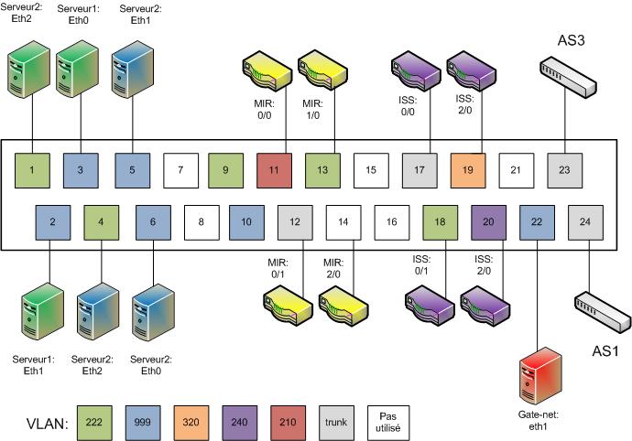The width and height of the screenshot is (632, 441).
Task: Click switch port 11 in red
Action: (x=274, y=170)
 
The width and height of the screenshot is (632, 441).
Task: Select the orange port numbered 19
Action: (x=468, y=170)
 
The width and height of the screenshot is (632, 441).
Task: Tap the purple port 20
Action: (x=488, y=222)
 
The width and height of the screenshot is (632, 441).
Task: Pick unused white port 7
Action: (x=181, y=170)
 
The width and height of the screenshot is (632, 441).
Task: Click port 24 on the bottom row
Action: (x=585, y=222)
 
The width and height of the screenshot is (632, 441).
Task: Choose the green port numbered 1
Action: (x=32, y=170)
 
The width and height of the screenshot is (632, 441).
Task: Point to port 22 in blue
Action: (x=537, y=222)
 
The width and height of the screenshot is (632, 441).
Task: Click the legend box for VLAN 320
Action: (x=191, y=423)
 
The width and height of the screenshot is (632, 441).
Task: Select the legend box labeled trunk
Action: (x=336, y=423)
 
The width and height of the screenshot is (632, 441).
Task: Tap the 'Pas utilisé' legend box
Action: (x=388, y=423)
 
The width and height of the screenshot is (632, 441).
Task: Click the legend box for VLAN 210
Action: (x=288, y=423)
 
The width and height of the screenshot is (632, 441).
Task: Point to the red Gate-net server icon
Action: (x=541, y=376)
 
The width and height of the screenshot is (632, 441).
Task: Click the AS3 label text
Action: (x=572, y=40)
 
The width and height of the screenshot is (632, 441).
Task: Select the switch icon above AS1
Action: (x=603, y=313)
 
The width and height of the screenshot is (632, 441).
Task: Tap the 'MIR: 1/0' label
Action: (x=312, y=110)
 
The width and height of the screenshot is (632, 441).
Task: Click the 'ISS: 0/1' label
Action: (x=421, y=265)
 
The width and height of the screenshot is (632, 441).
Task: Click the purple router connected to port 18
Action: (x=430, y=306)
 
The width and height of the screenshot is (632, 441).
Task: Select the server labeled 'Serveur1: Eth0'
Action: (x=77, y=69)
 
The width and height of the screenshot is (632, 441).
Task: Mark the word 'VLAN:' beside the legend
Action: (x=47, y=424)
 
